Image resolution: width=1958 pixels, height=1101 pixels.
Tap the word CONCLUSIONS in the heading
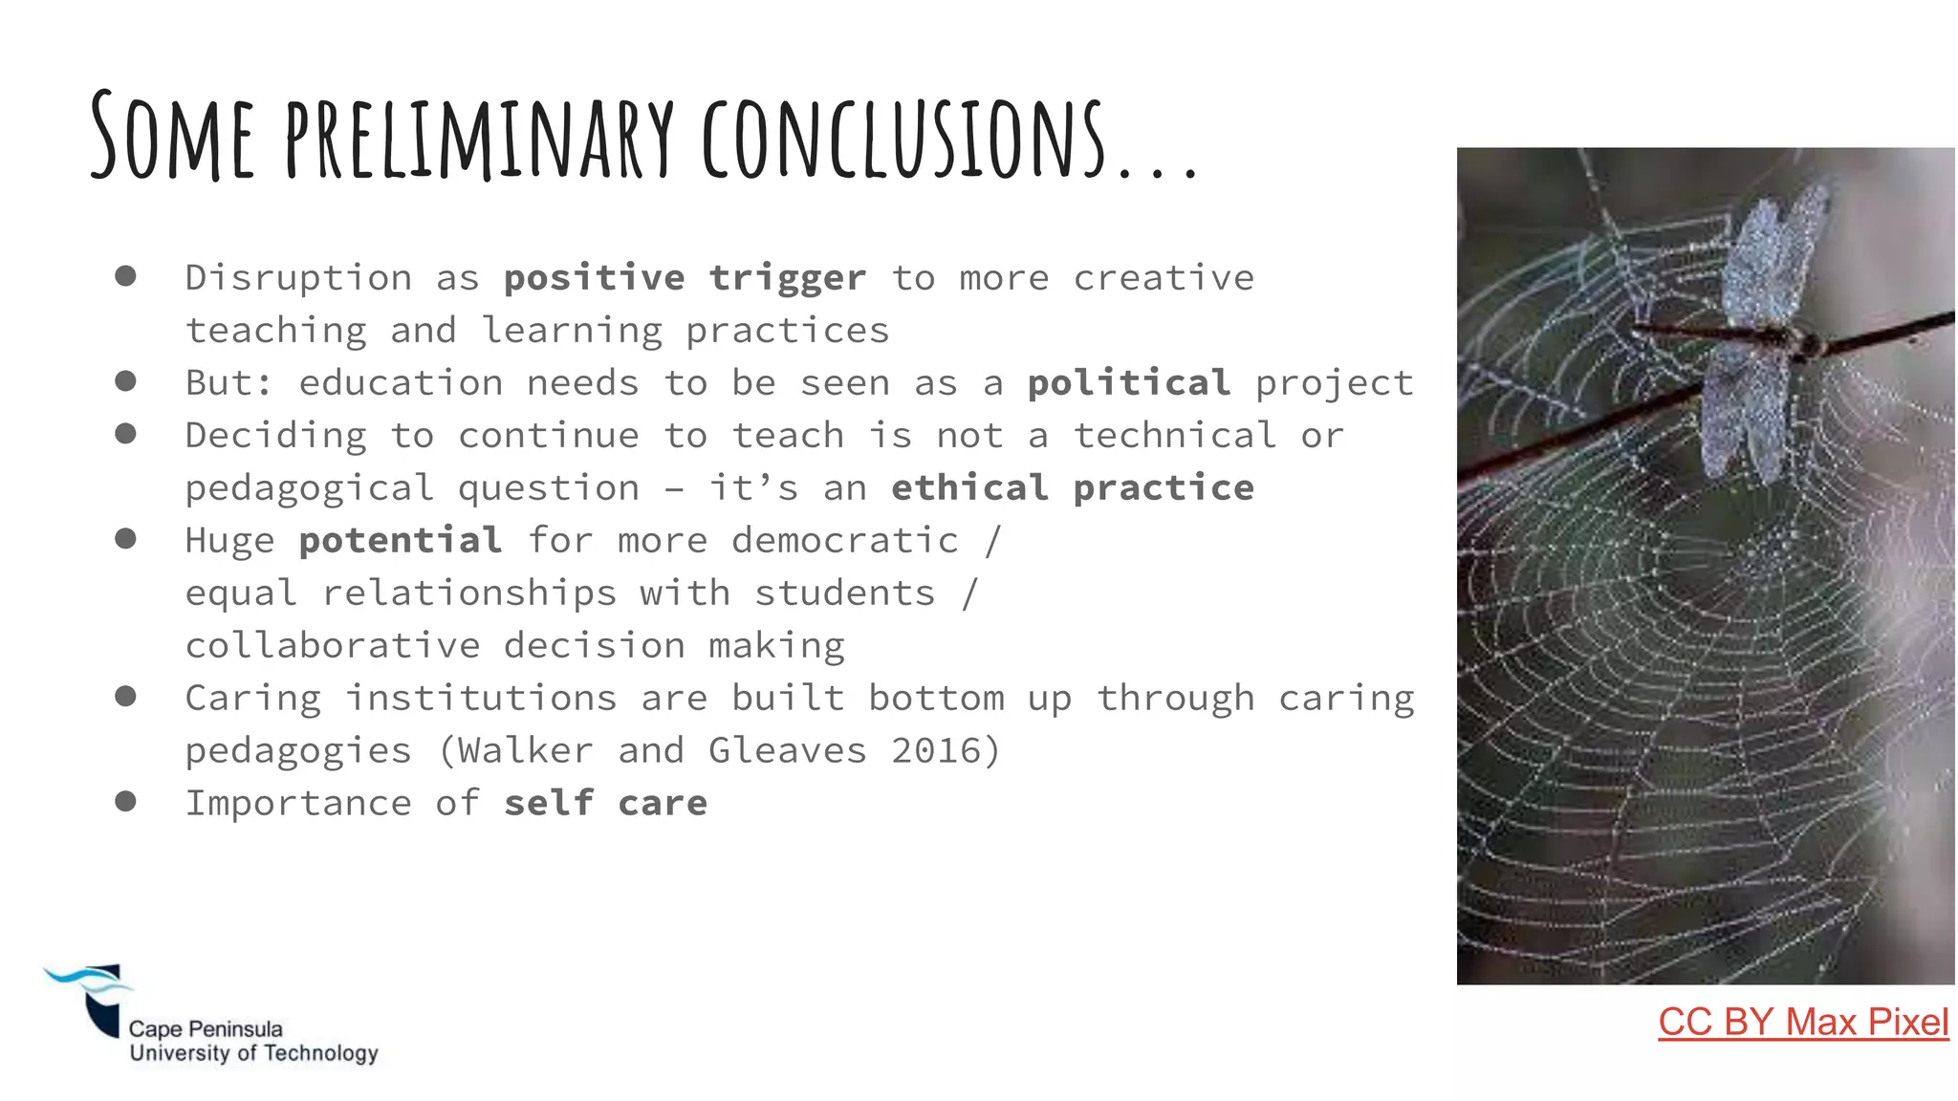click(x=903, y=140)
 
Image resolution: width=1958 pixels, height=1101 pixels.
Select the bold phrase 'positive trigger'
click(x=685, y=278)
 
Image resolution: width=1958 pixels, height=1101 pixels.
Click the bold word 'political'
click(x=1128, y=383)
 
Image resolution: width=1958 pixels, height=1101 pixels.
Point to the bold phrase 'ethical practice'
click(x=1072, y=488)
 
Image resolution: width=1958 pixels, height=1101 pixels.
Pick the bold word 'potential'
click(x=400, y=541)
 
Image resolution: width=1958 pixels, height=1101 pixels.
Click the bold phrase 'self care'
click(x=605, y=804)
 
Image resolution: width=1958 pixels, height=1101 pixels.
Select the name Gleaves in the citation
click(x=787, y=751)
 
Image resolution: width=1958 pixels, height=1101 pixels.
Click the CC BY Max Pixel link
click(x=1802, y=1023)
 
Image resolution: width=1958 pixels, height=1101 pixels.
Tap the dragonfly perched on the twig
click(x=1764, y=335)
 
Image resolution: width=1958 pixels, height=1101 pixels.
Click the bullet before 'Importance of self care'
click(x=125, y=801)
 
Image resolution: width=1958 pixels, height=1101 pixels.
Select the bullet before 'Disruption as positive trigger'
click(x=125, y=276)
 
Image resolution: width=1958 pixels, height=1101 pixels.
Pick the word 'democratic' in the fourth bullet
click(x=844, y=541)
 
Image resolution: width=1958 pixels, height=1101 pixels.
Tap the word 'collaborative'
click(x=332, y=646)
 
